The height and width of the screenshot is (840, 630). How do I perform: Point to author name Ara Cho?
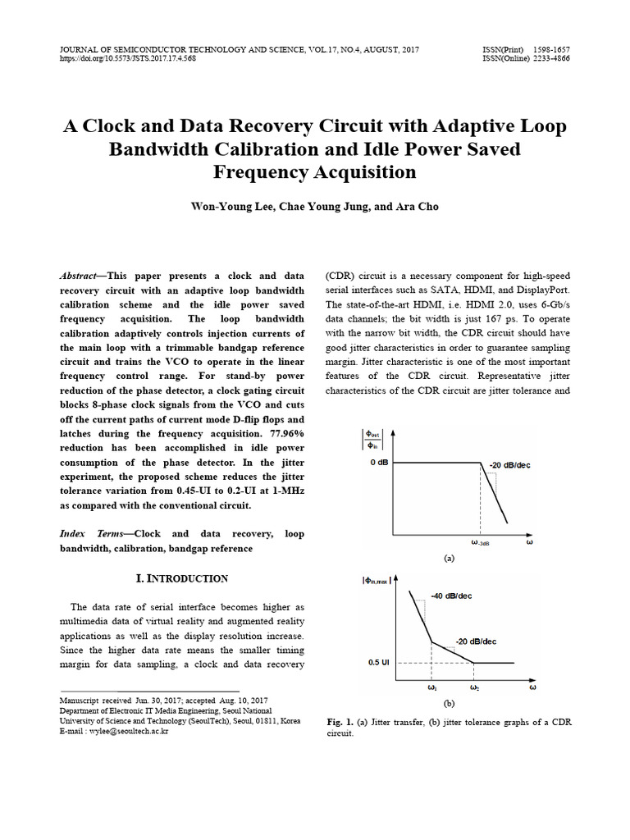pos(419,207)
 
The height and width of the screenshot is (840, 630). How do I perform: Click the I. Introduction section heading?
pos(182,578)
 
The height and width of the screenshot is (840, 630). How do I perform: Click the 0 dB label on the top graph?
pos(378,463)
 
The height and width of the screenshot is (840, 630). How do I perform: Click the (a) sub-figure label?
pos(449,558)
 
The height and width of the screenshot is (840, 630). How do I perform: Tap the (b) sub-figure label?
pos(449,703)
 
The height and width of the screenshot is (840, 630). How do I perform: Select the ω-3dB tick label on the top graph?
pos(480,543)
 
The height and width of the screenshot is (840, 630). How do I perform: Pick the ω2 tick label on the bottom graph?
pos(474,687)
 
